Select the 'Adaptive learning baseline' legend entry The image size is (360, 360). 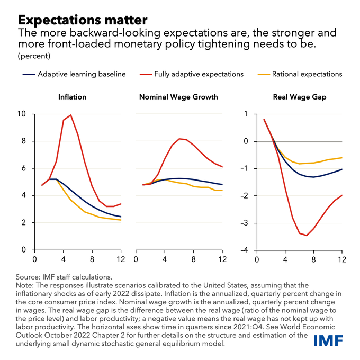tap(82, 74)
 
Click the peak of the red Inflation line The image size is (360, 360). tap(71, 115)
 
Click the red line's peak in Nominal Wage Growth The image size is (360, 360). tap(180, 139)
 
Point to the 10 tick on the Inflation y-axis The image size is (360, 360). tap(21, 114)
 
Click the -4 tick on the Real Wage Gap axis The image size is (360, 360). tap(244, 250)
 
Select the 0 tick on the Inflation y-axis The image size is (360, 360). tap(23, 250)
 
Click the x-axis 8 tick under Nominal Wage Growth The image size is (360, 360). tap(194, 259)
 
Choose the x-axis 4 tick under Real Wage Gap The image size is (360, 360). tap(285, 259)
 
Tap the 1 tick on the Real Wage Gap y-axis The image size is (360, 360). tap(246, 114)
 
